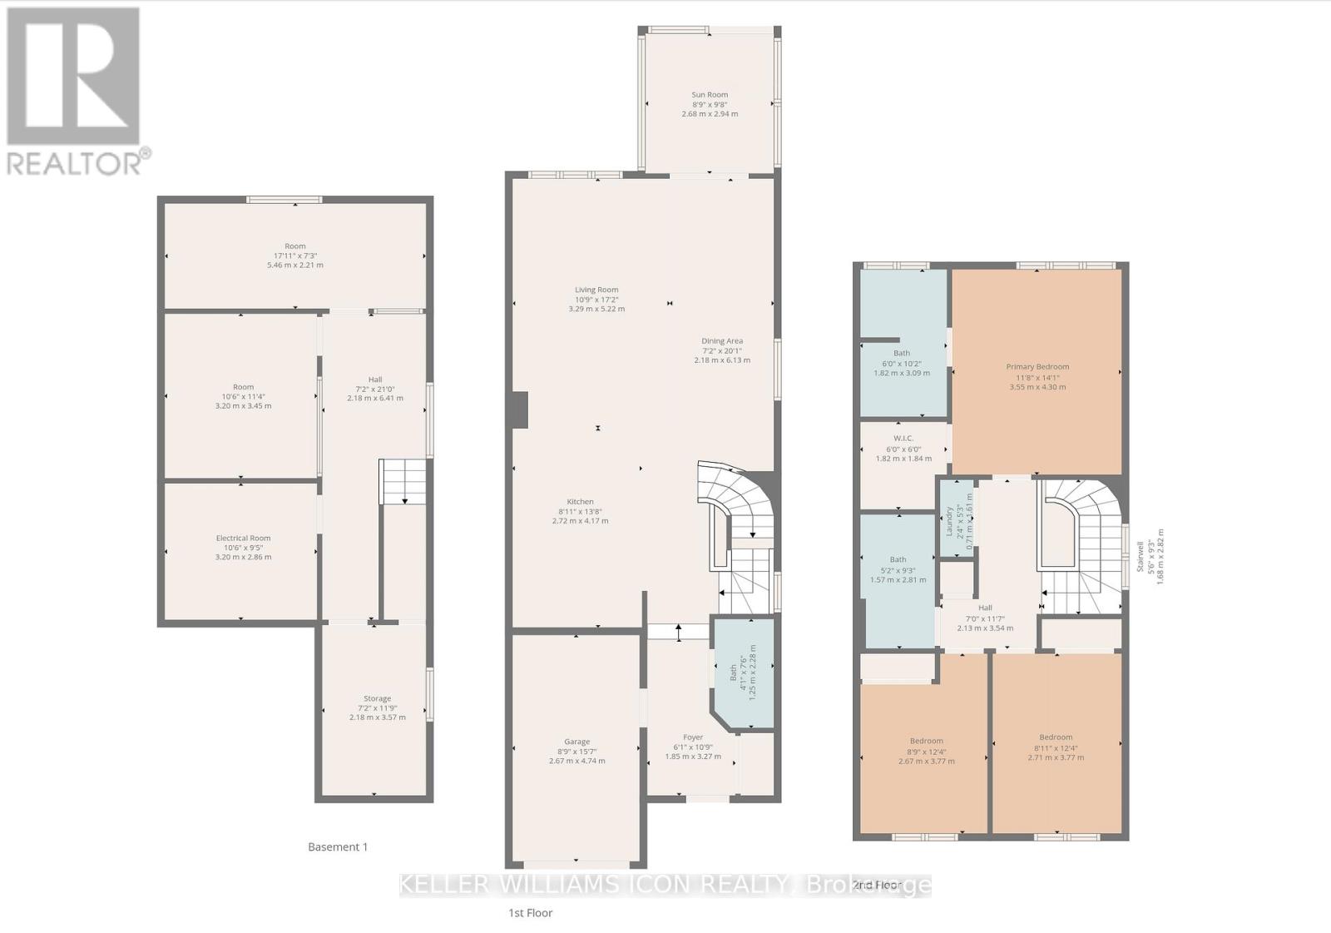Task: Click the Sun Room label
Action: click(710, 95)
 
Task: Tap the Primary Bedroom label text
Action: click(1037, 367)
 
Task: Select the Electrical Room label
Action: click(243, 538)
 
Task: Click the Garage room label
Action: click(576, 742)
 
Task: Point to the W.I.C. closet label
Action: click(903, 438)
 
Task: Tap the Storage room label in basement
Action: click(377, 698)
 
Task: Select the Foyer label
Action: click(693, 737)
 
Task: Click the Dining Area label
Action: click(722, 340)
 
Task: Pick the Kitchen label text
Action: click(580, 502)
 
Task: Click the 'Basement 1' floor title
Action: click(338, 847)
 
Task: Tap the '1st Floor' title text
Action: click(531, 913)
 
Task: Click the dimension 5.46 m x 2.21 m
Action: click(294, 266)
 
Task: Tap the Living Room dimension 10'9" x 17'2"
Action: click(596, 300)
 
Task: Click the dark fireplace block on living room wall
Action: click(519, 409)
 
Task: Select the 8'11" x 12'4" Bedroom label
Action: click(1056, 747)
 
